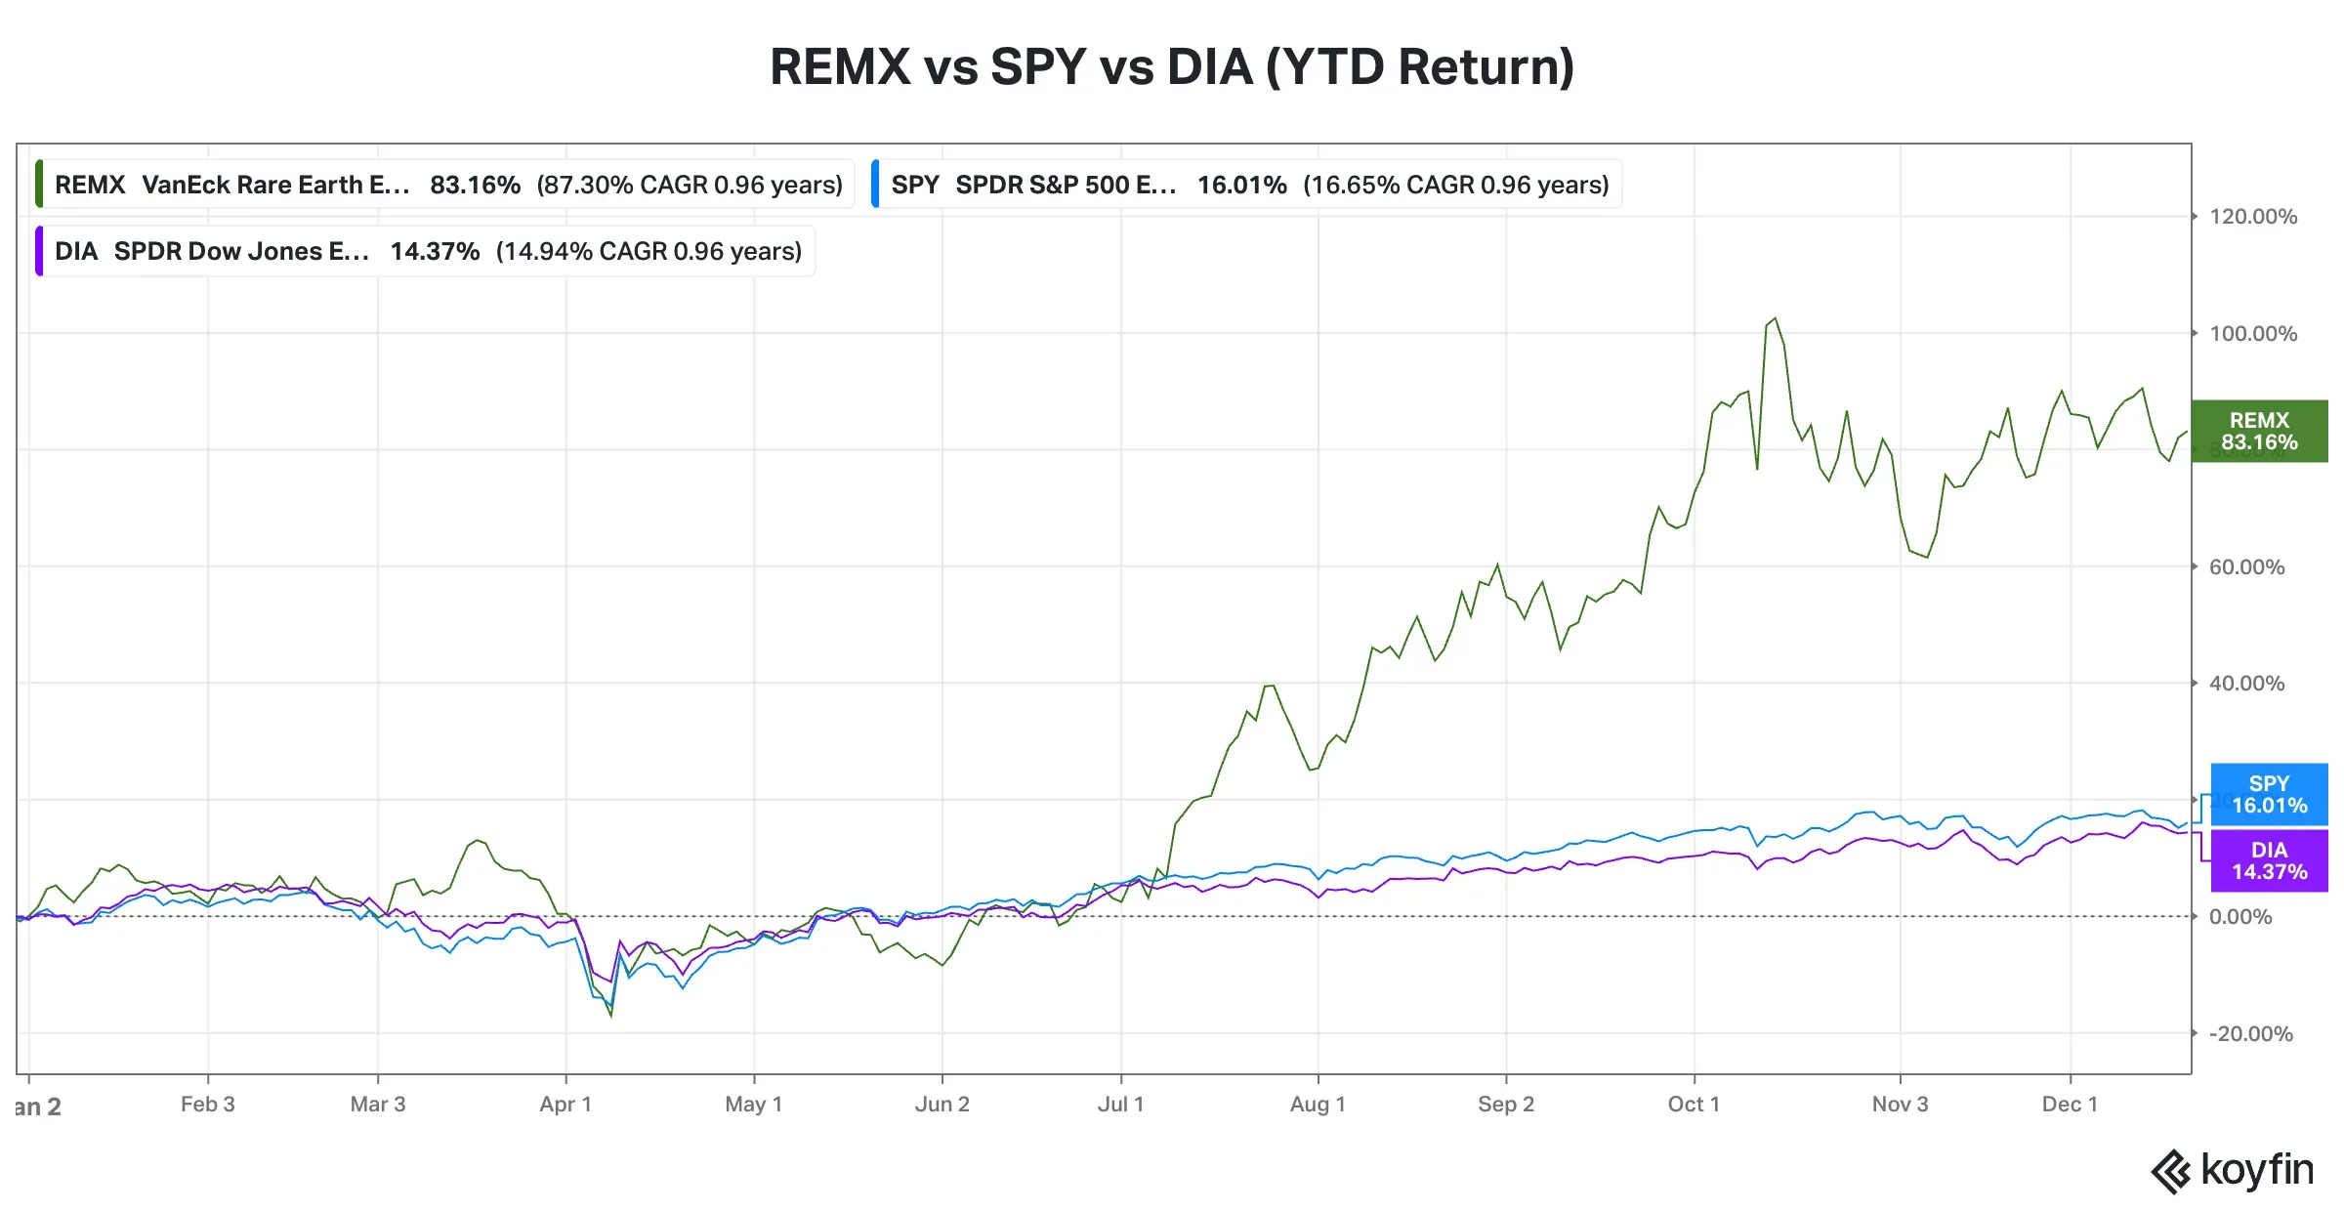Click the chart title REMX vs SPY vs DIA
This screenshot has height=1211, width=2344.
pyautogui.click(x=1171, y=67)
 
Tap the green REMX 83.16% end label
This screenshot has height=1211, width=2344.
pyautogui.click(x=2258, y=431)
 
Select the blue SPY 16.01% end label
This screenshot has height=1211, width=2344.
pyautogui.click(x=2269, y=794)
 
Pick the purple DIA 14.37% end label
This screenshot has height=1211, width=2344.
pyautogui.click(x=2269, y=860)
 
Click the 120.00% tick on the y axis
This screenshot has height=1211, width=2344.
pyautogui.click(x=2252, y=217)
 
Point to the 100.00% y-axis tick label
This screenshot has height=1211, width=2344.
pyautogui.click(x=2252, y=334)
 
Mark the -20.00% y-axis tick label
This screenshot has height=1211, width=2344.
pyautogui.click(x=2250, y=1033)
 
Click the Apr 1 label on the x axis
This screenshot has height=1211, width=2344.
pyautogui.click(x=565, y=1105)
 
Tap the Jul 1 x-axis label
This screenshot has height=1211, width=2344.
pyautogui.click(x=1120, y=1105)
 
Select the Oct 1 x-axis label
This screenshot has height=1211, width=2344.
pyautogui.click(x=1694, y=1105)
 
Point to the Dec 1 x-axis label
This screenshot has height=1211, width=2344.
pyautogui.click(x=2070, y=1105)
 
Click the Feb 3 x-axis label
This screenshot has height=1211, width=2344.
pyautogui.click(x=207, y=1105)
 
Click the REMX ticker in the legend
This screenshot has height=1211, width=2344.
pyautogui.click(x=90, y=185)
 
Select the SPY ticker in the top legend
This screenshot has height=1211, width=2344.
pyautogui.click(x=914, y=185)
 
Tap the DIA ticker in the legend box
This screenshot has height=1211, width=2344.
pyautogui.click(x=76, y=251)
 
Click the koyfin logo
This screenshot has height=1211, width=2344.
pyautogui.click(x=2233, y=1170)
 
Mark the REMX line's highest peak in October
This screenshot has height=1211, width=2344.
pyautogui.click(x=1775, y=318)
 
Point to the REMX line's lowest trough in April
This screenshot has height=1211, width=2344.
pyautogui.click(x=611, y=1016)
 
